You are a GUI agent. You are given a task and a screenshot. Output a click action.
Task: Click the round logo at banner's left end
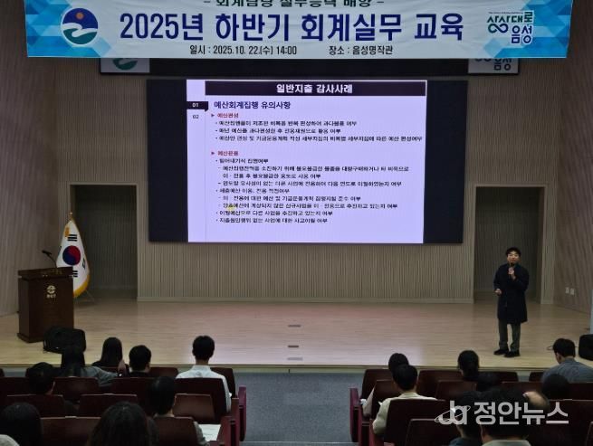coord(79,26)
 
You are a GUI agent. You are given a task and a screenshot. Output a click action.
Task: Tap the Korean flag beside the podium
coord(72,257)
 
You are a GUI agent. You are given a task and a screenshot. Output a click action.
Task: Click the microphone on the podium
coord(49,255)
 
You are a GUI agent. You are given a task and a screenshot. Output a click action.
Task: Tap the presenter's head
coord(512,254)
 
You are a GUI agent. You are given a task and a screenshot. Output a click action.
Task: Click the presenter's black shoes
coord(506,352)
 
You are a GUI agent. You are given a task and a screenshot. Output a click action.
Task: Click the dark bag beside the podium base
coord(64,339)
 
